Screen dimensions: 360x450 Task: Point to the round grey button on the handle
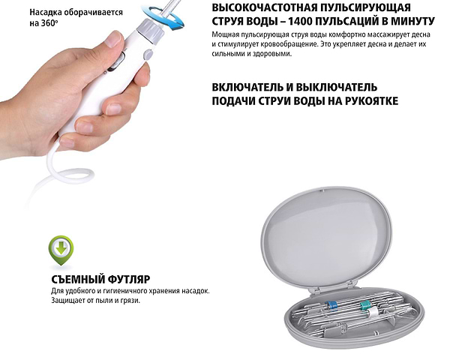147,54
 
